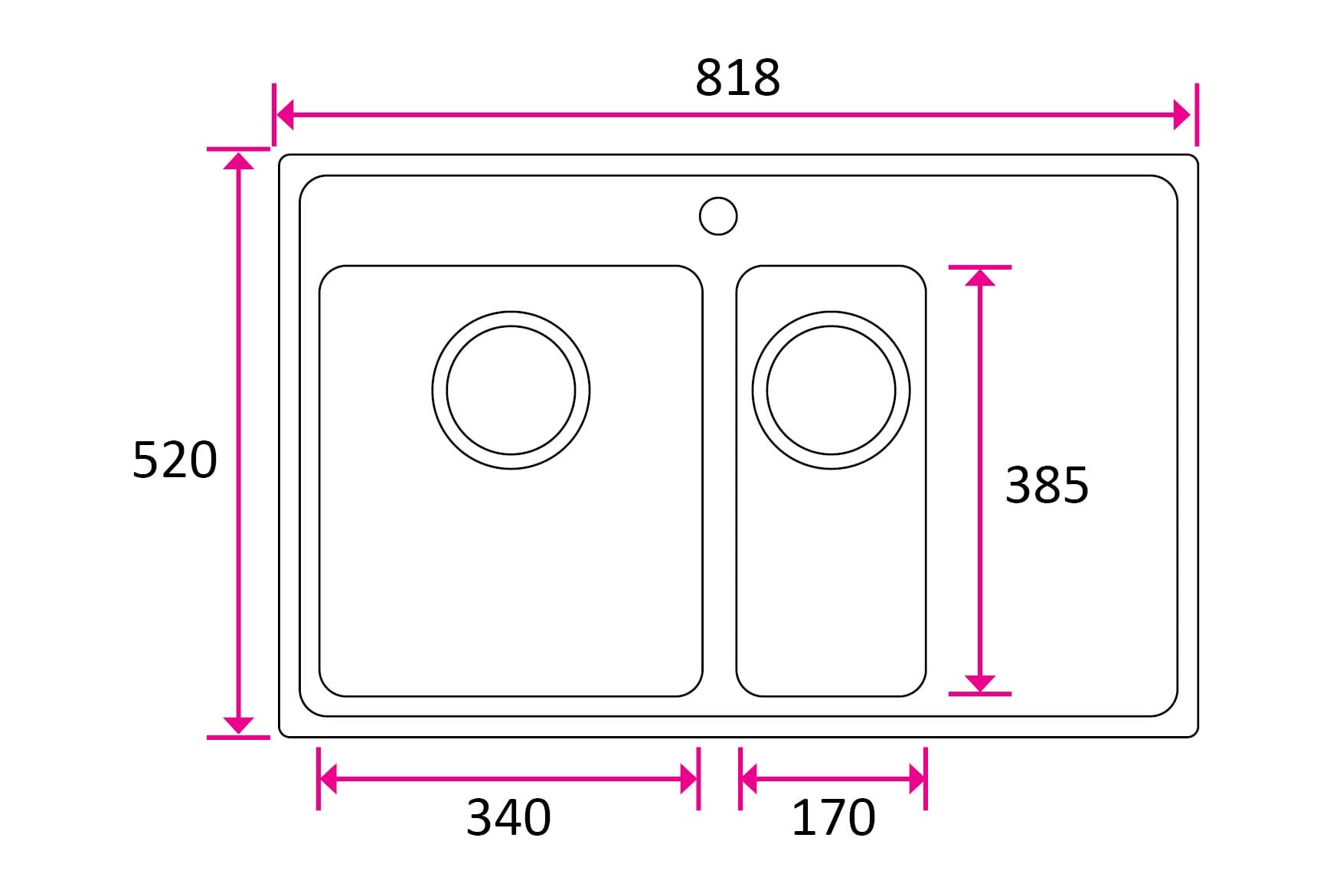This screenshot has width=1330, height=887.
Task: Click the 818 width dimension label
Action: [x=737, y=77]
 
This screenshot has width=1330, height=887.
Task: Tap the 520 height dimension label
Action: [x=175, y=460]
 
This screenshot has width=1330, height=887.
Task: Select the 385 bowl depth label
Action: [x=1047, y=485]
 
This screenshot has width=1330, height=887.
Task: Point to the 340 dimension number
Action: [x=508, y=817]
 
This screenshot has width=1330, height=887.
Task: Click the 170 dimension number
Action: [x=833, y=817]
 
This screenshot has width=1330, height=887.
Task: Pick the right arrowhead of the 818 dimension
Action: [x=1183, y=116]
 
